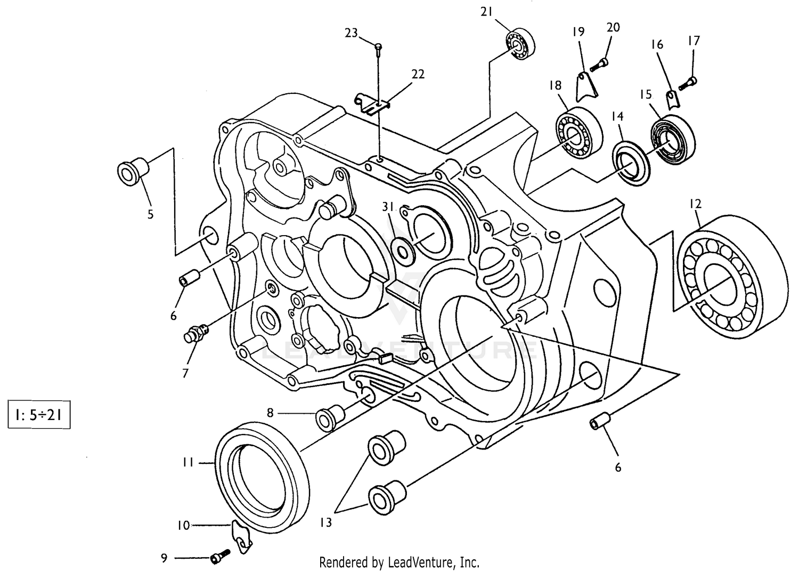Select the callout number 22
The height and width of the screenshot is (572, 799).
pyautogui.click(x=418, y=74)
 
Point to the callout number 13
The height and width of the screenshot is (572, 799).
pyautogui.click(x=326, y=522)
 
